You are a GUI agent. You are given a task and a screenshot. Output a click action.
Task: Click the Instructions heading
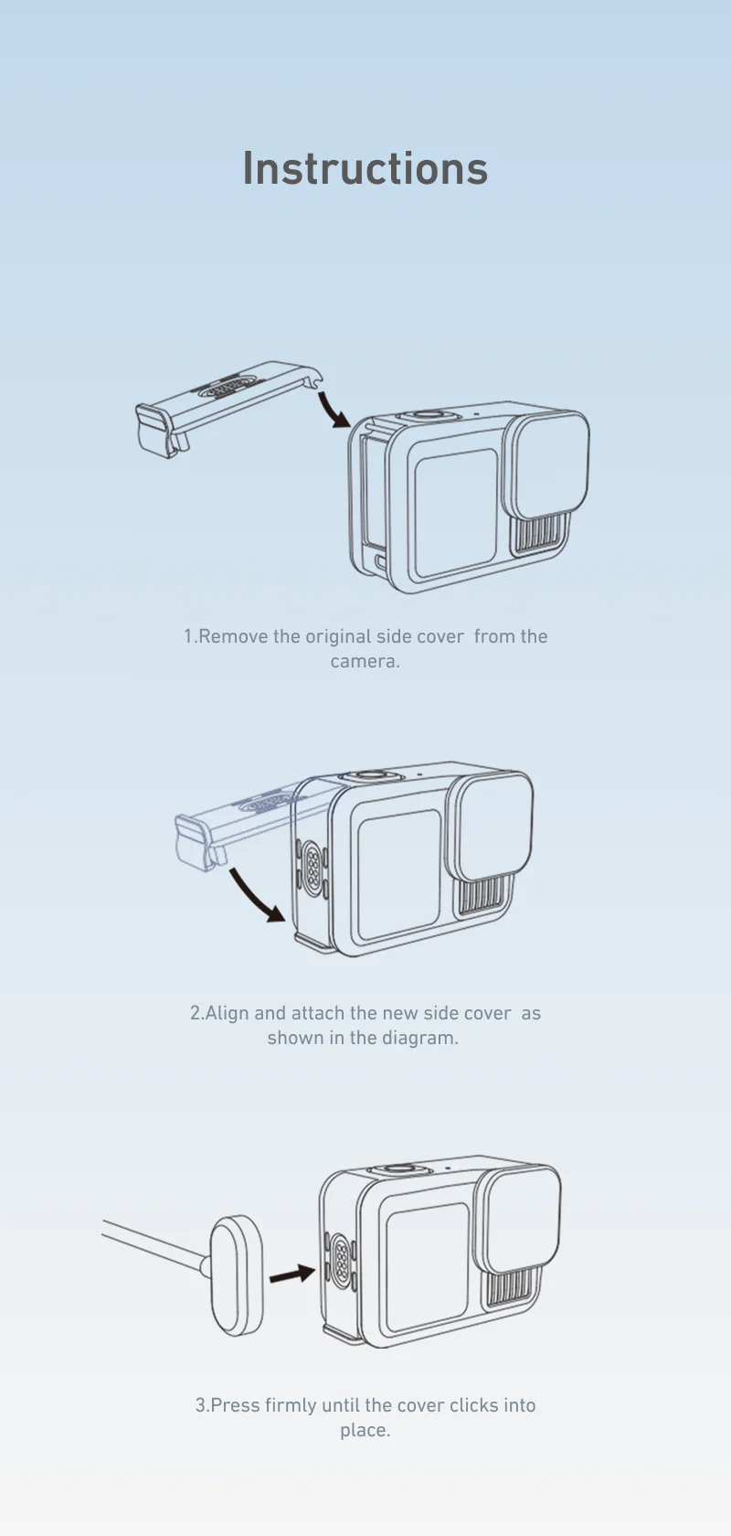tap(365, 169)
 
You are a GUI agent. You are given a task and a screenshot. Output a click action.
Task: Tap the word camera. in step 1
tap(365, 661)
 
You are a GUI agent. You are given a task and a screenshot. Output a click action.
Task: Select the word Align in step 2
tap(228, 1013)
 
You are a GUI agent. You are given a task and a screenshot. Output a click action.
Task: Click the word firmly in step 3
tap(291, 1405)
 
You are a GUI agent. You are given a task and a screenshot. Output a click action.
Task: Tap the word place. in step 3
tap(365, 1430)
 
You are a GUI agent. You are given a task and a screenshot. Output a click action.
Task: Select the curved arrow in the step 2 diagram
tap(256, 896)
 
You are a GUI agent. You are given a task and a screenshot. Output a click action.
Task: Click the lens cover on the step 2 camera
tap(493, 827)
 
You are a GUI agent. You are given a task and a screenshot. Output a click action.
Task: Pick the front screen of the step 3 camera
tap(428, 1266)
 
